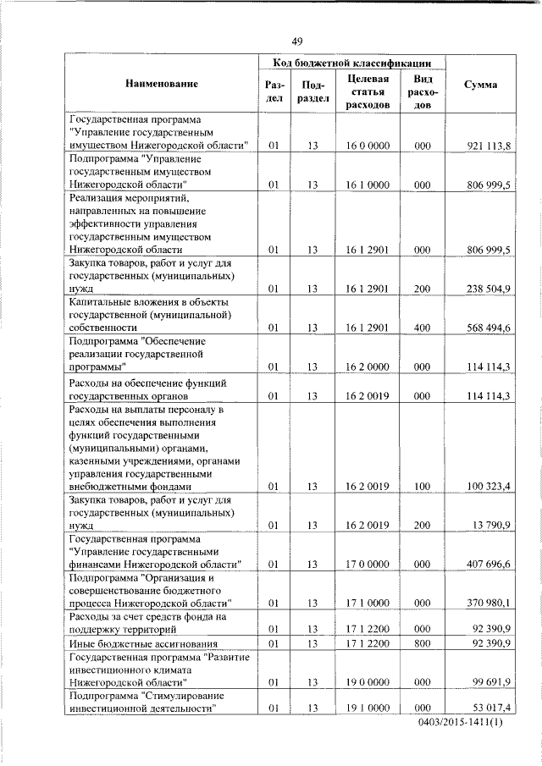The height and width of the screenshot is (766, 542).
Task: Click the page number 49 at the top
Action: coord(297,41)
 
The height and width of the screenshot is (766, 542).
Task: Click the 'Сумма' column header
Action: coord(481,85)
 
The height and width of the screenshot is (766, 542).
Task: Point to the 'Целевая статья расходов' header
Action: coord(368,91)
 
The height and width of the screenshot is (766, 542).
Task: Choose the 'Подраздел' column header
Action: coord(313,91)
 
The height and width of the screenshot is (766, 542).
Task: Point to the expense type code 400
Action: coord(423,327)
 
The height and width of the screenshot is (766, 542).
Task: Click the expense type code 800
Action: coord(423,645)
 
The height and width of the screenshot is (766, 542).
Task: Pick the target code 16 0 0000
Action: coord(368,147)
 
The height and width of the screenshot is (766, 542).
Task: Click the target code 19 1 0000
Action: coord(368,708)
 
